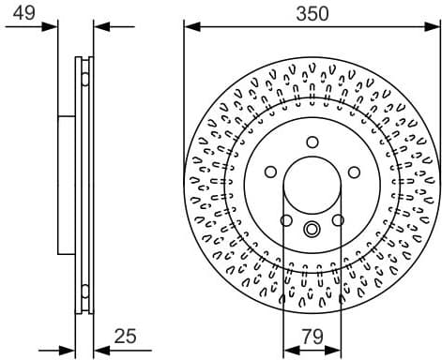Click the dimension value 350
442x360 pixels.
point(312,14)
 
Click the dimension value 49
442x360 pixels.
point(26,14)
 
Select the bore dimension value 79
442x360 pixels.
point(312,335)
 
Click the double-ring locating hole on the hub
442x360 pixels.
point(312,229)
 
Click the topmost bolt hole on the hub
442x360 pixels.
point(312,142)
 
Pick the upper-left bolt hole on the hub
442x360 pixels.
point(271,172)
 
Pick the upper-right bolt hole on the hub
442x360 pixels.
point(354,172)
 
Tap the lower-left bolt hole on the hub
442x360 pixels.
point(287,221)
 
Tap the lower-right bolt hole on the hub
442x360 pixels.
point(338,221)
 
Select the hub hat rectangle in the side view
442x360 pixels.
point(67,184)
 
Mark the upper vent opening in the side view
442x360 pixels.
point(86,71)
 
